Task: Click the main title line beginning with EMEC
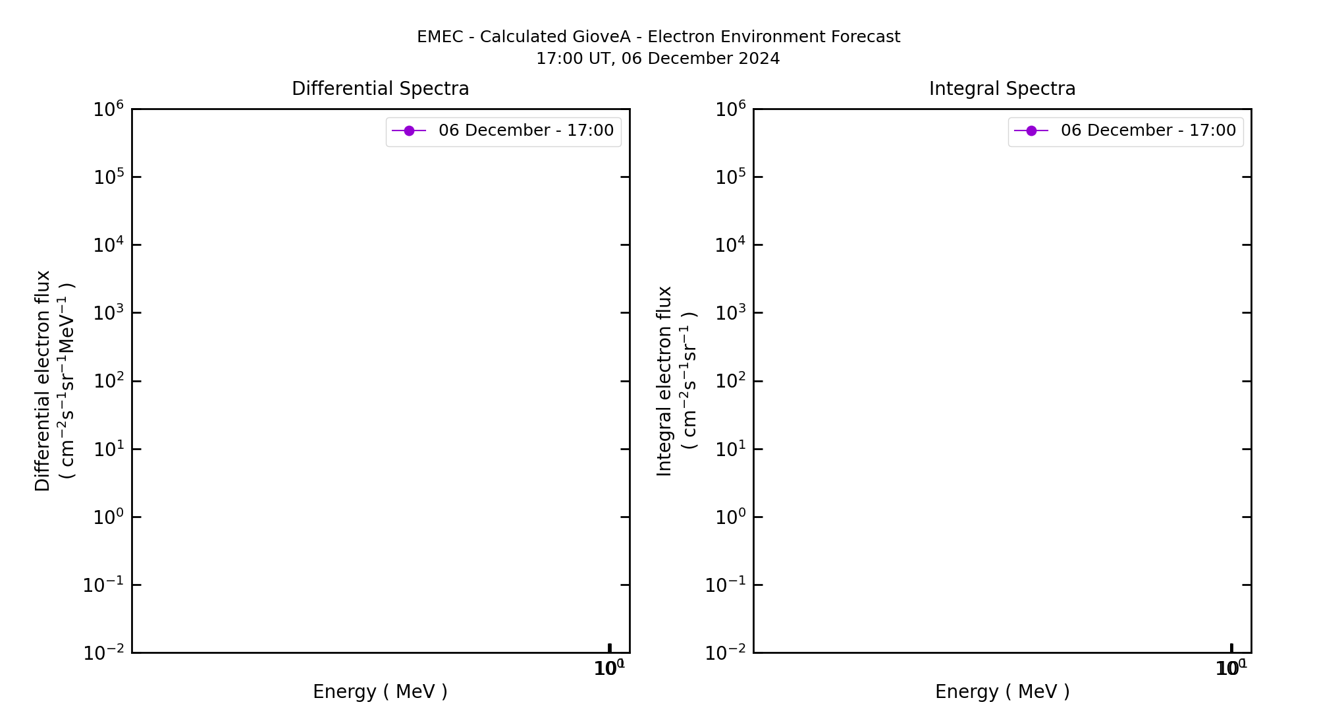pyautogui.click(x=658, y=37)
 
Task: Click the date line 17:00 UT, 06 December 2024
pyautogui.click(x=658, y=59)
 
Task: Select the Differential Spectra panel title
pyautogui.click(x=380, y=89)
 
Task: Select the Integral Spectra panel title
pyautogui.click(x=1002, y=89)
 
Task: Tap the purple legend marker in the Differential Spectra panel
pyautogui.click(x=409, y=131)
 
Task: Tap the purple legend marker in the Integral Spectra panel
pyautogui.click(x=1031, y=131)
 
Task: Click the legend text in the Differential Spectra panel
pyautogui.click(x=525, y=130)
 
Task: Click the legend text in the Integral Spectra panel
pyautogui.click(x=1148, y=130)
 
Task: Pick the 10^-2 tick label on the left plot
pyautogui.click(x=103, y=652)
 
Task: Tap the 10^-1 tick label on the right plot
pyautogui.click(x=726, y=585)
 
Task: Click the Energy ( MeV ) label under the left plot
pyautogui.click(x=380, y=691)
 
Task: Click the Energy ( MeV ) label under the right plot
pyautogui.click(x=1002, y=691)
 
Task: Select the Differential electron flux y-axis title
pyautogui.click(x=43, y=381)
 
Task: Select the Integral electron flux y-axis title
pyautogui.click(x=664, y=381)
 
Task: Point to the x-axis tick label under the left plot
pyautogui.click(x=609, y=668)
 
